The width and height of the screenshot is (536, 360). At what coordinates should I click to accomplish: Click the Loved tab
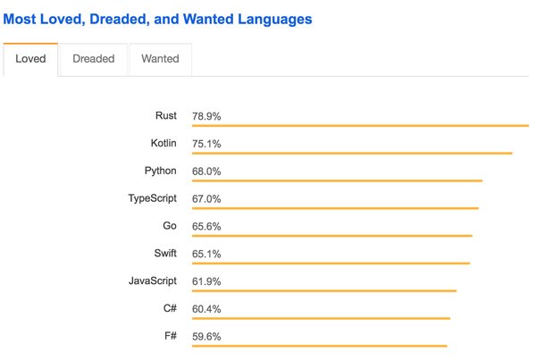pos(30,59)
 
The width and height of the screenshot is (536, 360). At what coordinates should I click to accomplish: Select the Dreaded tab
pos(94,59)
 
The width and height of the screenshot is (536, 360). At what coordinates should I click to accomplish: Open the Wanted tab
pos(160,59)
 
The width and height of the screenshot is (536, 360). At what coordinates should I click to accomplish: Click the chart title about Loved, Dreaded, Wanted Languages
pos(157,19)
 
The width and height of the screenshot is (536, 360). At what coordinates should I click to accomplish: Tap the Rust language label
pos(165,116)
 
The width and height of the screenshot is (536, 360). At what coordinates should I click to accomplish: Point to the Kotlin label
pos(163,144)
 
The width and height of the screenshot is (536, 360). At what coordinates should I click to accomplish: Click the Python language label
pos(160,172)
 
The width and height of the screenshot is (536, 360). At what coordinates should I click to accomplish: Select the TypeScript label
pos(152,198)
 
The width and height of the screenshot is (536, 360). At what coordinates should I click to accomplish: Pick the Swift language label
pos(163,254)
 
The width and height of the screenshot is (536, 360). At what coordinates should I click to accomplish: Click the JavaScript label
pos(152,281)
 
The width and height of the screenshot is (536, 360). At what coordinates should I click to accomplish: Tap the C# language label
pos(169,309)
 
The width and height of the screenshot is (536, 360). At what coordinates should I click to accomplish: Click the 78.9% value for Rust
pos(206,117)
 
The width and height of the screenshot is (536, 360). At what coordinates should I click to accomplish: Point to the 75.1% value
pos(206,145)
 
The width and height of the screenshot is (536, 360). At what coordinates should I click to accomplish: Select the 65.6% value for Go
pos(206,227)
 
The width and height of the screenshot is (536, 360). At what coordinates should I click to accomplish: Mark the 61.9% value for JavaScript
pos(206,282)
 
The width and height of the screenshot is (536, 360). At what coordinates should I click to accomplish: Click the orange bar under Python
pos(337,180)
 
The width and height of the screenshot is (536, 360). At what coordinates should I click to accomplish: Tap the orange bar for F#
pos(319,346)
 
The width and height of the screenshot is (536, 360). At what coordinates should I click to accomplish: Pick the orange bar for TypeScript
pos(335,208)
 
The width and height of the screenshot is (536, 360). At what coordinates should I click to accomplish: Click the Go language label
pos(170,226)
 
